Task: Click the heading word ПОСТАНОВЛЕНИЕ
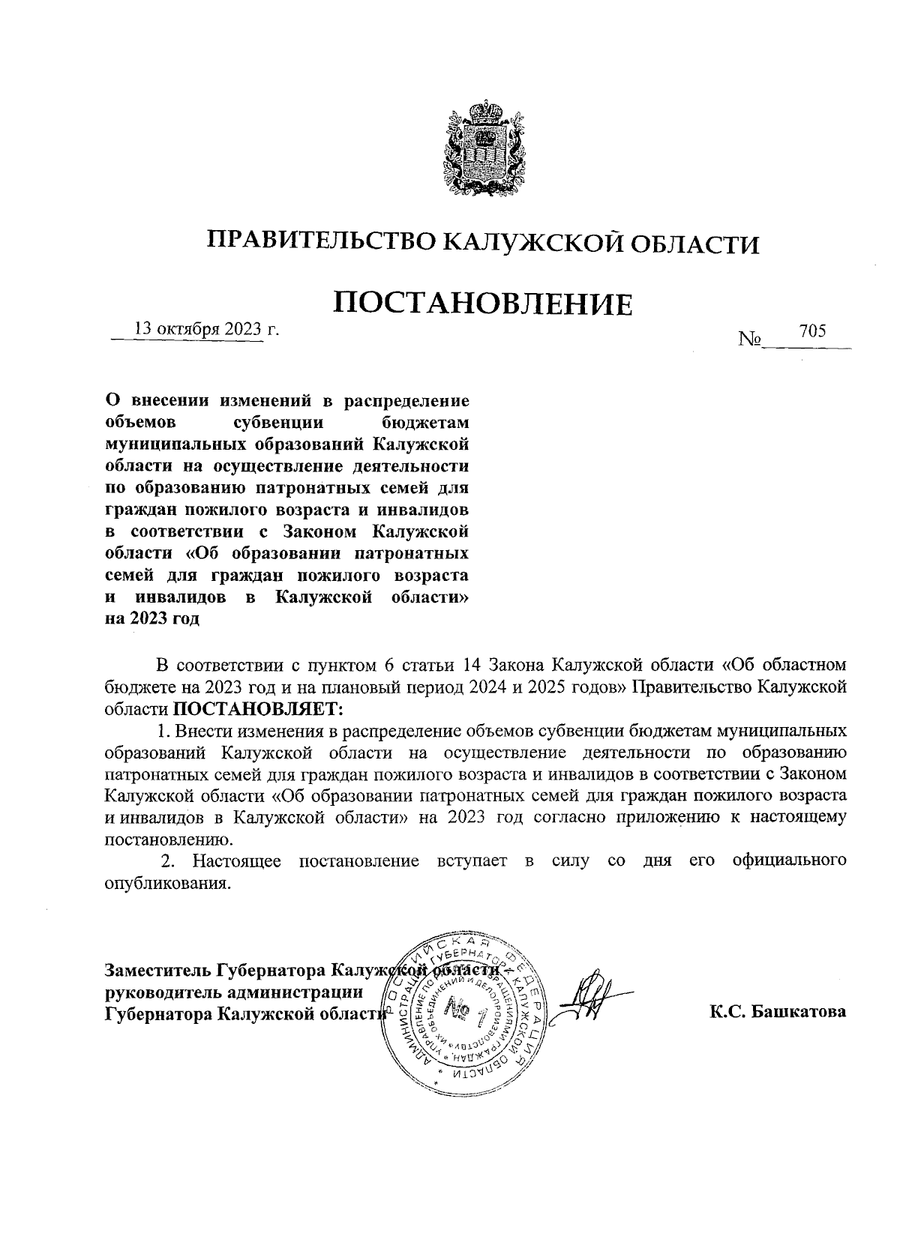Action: click(483, 304)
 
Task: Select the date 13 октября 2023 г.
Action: click(205, 329)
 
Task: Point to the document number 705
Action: click(812, 331)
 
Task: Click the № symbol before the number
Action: click(749, 340)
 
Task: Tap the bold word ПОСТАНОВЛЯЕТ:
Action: click(257, 708)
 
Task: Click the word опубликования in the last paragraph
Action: click(165, 883)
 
